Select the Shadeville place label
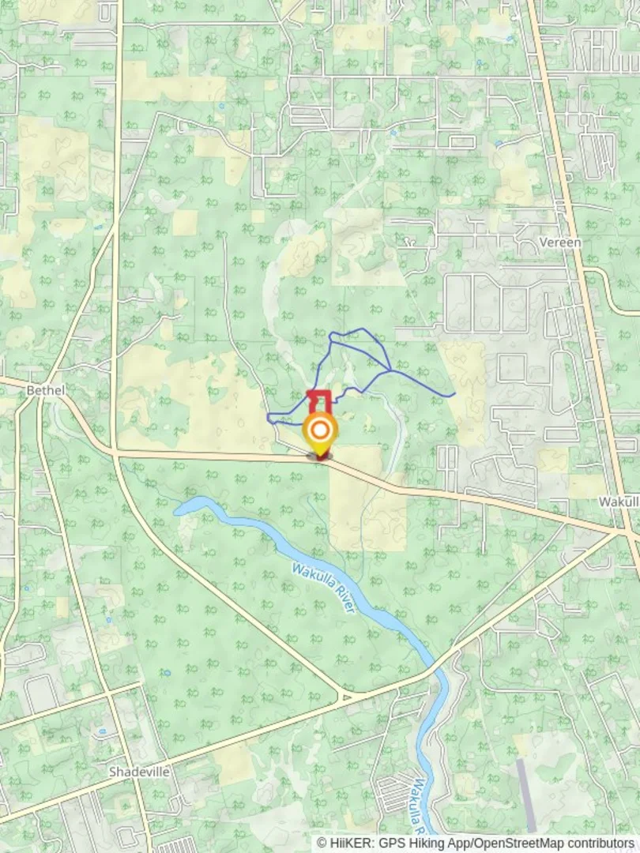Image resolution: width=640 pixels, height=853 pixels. pyautogui.click(x=139, y=772)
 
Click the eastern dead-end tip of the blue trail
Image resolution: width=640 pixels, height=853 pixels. pyautogui.click(x=454, y=393)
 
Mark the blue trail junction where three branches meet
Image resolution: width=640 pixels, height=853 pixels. pyautogui.click(x=390, y=370)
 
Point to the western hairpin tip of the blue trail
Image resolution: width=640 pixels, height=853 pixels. pyautogui.click(x=269, y=418)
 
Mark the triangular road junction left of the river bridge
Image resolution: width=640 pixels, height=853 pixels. pyautogui.click(x=344, y=696)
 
